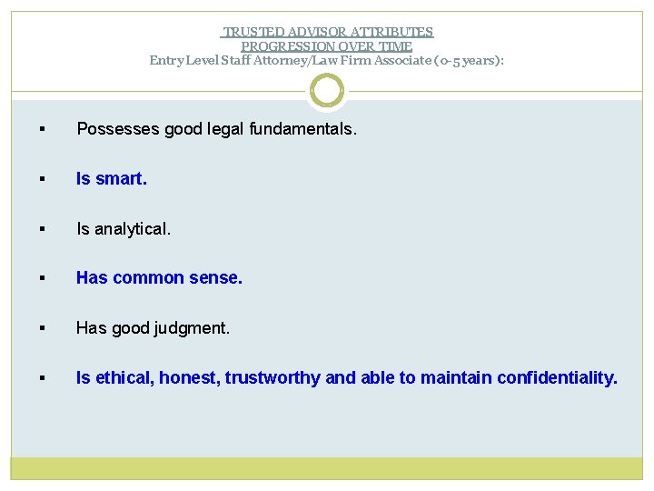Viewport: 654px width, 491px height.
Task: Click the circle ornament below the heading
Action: coord(327,91)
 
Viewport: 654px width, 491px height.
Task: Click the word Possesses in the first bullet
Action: coord(115,130)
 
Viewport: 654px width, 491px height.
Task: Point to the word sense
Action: coord(218,278)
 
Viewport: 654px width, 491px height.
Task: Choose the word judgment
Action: coord(193,328)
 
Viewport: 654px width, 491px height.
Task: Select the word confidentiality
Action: coord(556,377)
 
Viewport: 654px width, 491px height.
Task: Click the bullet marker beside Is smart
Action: coord(44,180)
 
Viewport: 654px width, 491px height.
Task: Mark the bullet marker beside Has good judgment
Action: coord(44,329)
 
